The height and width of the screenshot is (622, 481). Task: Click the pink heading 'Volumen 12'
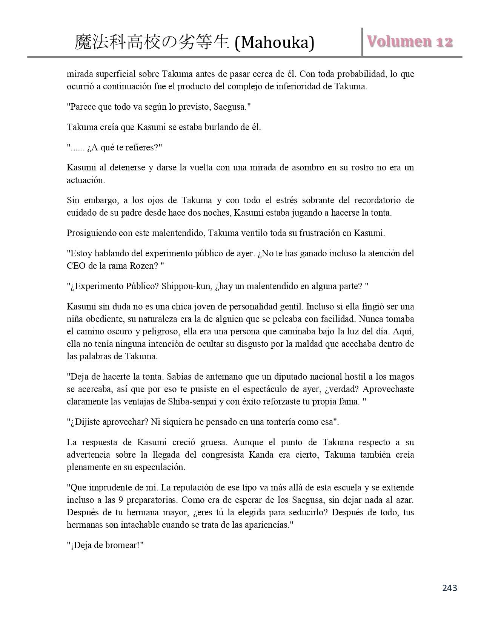(x=410, y=41)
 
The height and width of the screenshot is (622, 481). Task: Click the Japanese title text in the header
(x=152, y=42)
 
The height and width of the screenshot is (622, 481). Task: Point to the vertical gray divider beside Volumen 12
(x=362, y=42)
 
